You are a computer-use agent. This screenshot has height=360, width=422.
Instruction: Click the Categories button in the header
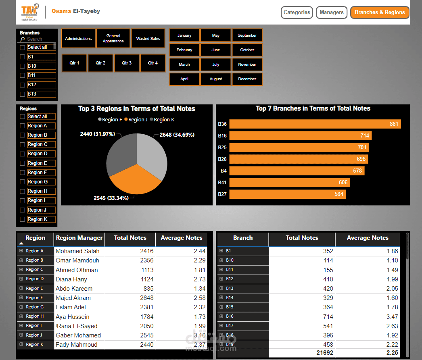pos(297,12)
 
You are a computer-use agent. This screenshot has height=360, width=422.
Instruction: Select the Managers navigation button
pos(331,12)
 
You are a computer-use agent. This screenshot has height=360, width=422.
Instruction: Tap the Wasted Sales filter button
pos(148,39)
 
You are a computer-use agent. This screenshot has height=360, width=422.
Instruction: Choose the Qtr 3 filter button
pos(127,63)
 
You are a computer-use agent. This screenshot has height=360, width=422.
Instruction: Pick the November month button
pos(247,65)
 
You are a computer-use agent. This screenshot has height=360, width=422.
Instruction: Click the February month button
pos(184,50)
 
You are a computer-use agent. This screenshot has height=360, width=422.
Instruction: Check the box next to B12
pos(23,85)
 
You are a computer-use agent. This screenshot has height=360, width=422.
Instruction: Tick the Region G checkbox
pos(23,182)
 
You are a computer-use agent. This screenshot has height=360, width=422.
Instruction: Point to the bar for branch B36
pos(315,124)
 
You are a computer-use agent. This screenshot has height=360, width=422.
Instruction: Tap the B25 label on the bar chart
pos(222,148)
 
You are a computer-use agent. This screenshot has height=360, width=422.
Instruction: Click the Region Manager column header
pos(79,238)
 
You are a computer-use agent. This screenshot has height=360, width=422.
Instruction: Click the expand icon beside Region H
pos(21,316)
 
